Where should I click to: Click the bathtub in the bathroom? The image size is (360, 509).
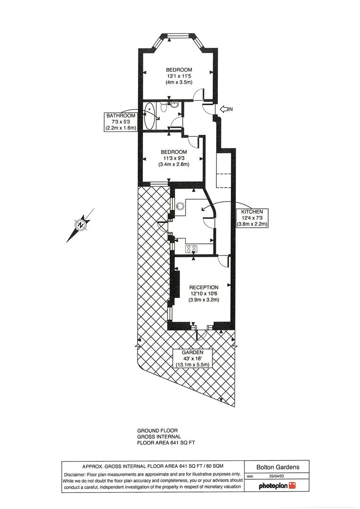click(149, 116)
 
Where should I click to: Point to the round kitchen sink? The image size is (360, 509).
click(180, 205)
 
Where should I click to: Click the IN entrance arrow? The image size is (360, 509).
click(226, 109)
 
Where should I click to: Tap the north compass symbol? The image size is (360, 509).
click(82, 225)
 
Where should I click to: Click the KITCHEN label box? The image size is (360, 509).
click(252, 218)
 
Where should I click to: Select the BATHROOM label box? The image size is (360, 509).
click(121, 122)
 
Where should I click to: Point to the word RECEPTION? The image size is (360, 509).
click(204, 287)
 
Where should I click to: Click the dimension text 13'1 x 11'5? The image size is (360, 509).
click(179, 76)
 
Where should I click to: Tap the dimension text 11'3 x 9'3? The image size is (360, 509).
click(173, 158)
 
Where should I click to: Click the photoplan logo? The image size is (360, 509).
click(277, 485)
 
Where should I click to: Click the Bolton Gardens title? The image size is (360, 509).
click(277, 467)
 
